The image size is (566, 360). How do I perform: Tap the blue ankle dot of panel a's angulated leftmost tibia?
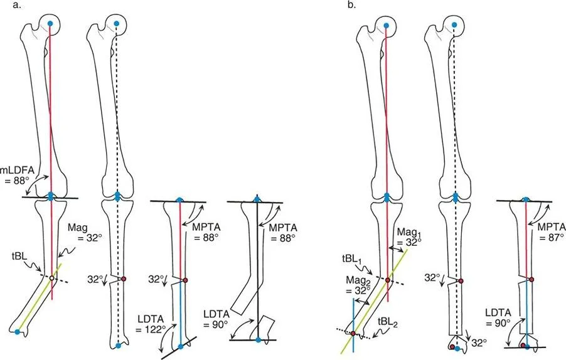[x=17, y=331]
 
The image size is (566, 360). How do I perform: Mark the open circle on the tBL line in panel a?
[x=52, y=277]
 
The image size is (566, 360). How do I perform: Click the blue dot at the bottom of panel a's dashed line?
[x=117, y=346]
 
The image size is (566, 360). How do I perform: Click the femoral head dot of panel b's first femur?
[x=386, y=24]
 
